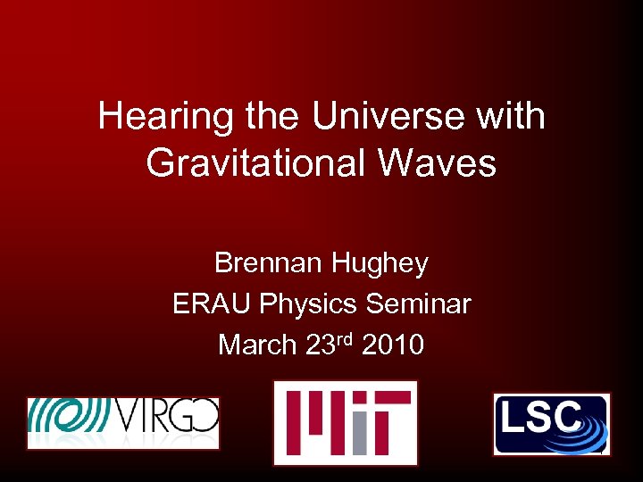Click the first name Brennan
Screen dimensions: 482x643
tap(270, 263)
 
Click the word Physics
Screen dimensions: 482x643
tap(309, 304)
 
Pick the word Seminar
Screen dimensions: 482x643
tap(418, 304)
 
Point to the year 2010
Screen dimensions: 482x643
tap(393, 345)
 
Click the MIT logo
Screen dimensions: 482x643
tap(345, 422)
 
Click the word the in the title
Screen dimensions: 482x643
tap(271, 117)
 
